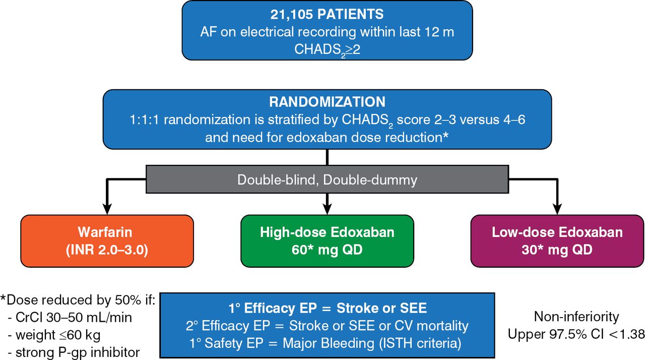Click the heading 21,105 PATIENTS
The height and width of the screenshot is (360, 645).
327,14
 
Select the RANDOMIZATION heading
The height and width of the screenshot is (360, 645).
327,101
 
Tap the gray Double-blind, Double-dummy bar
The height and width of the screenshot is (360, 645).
327,179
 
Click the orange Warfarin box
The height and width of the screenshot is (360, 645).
107,241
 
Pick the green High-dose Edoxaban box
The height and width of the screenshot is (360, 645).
327,241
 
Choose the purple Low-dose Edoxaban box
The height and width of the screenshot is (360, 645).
557,241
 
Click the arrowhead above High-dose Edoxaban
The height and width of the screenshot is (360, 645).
327,208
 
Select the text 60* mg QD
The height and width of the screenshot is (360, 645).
327,250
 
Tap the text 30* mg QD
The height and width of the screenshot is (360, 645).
557,250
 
